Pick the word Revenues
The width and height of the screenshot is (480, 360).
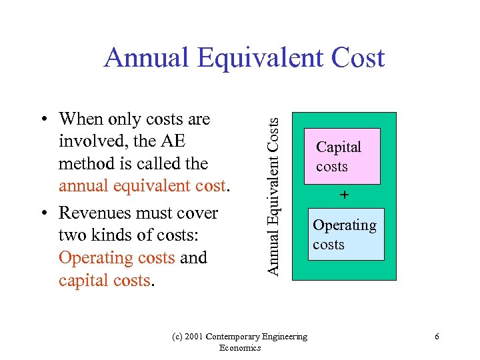97,213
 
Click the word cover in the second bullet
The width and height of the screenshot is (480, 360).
199,213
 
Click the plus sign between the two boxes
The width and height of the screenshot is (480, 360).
344,195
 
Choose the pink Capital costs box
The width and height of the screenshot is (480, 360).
341,156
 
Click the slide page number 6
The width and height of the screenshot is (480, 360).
437,337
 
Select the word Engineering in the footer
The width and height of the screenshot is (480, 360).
285,337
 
